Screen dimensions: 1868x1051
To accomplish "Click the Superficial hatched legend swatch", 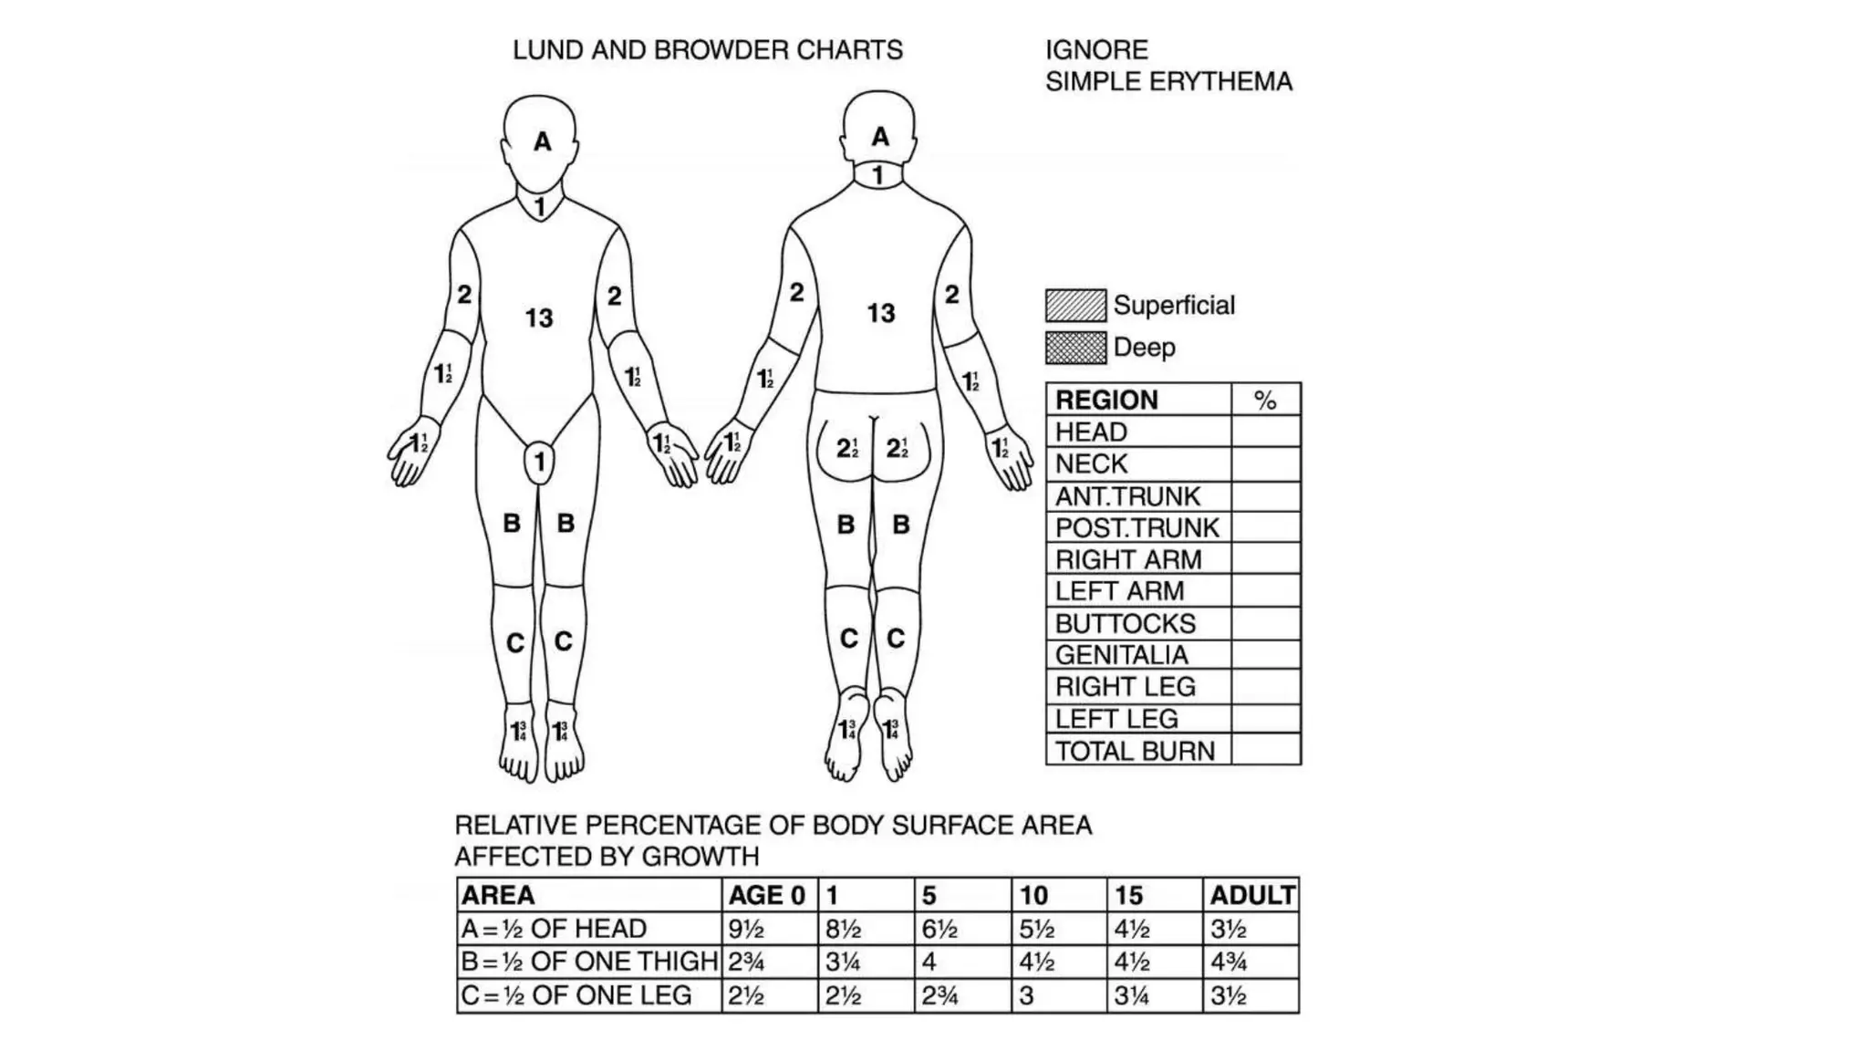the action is pos(1075,306).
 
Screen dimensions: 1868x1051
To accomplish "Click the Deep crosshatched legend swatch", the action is pos(1075,348).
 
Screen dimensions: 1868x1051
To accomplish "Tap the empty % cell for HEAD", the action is pos(1265,432).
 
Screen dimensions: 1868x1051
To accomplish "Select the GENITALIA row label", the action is pos(1121,655).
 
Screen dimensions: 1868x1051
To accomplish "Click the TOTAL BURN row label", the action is pos(1135,751).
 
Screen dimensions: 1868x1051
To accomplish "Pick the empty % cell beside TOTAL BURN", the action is pos(1265,751).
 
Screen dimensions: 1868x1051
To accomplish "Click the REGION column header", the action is pos(1106,400).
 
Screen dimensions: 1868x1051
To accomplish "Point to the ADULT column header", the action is pos(1251,895).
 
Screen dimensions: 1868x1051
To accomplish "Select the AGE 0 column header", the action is pos(766,895).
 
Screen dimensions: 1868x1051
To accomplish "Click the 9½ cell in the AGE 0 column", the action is pos(746,929).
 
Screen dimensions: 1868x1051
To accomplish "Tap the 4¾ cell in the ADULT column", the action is pos(1229,962).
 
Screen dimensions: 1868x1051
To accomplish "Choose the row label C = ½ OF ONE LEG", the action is pos(576,995).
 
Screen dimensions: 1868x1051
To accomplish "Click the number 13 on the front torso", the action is pos(539,317).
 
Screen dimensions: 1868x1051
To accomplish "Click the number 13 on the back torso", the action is pos(881,314).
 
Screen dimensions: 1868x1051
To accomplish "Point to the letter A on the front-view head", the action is pos(543,141).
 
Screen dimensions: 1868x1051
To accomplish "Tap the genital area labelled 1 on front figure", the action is pos(540,462).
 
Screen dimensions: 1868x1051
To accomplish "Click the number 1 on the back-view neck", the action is pos(878,175).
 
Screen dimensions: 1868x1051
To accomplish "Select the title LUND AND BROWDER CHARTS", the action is pos(707,50).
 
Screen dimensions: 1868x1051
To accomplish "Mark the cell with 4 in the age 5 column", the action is pos(929,962).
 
